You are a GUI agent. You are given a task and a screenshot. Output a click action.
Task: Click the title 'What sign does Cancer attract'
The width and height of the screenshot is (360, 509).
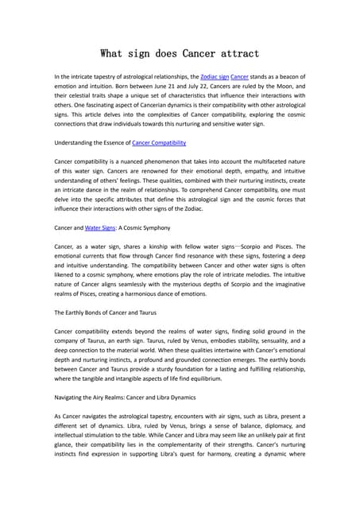pyautogui.click(x=180, y=54)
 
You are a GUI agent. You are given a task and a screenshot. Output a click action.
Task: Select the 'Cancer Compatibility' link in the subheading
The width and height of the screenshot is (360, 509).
pyautogui.click(x=159, y=142)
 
